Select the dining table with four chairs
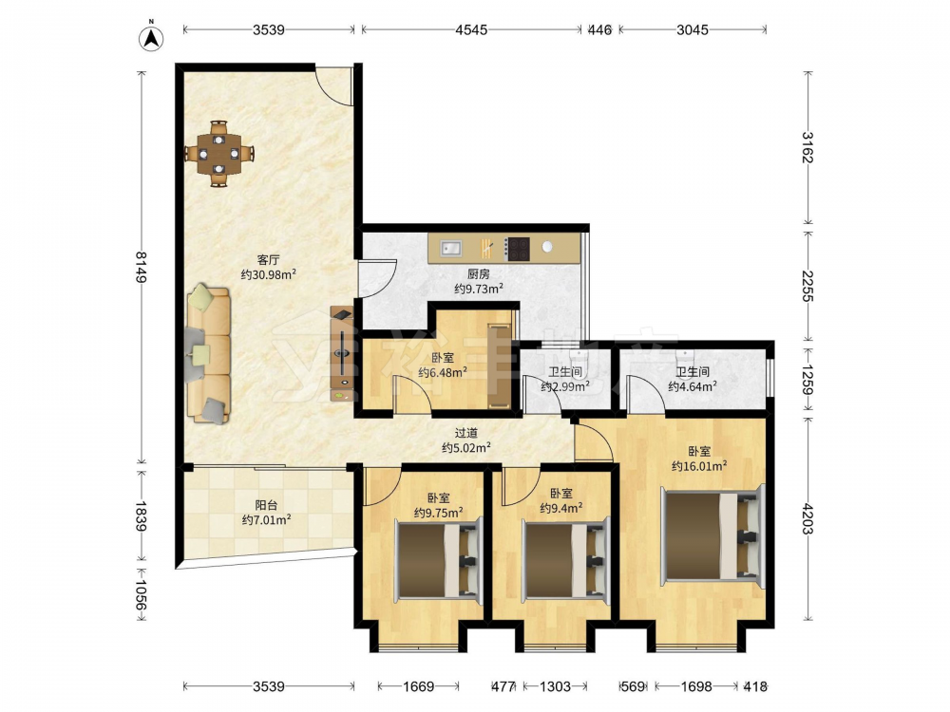pos(219,153)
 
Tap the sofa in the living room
pos(209,354)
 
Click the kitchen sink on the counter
pos(450,247)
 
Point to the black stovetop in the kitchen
pos(519,248)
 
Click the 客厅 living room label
pos(268,260)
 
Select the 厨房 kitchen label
pos(479,274)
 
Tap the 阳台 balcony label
pos(266,505)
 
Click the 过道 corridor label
pos(465,433)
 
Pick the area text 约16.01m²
pos(699,465)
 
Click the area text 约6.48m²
pos(443,372)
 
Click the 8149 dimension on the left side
pos(141,267)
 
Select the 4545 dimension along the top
pos(471,29)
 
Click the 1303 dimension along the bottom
pos(555,686)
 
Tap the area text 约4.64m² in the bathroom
pos(693,386)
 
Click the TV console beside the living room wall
pos(342,355)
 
